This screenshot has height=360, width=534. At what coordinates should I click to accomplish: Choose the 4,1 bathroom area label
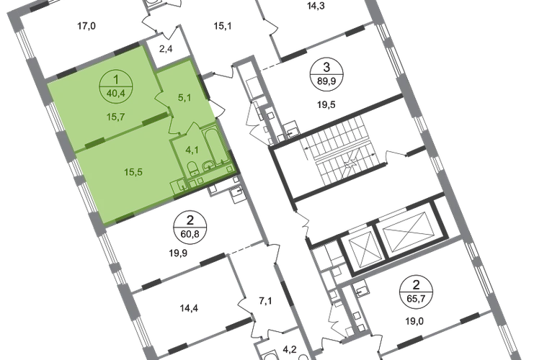(x=191, y=150)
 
